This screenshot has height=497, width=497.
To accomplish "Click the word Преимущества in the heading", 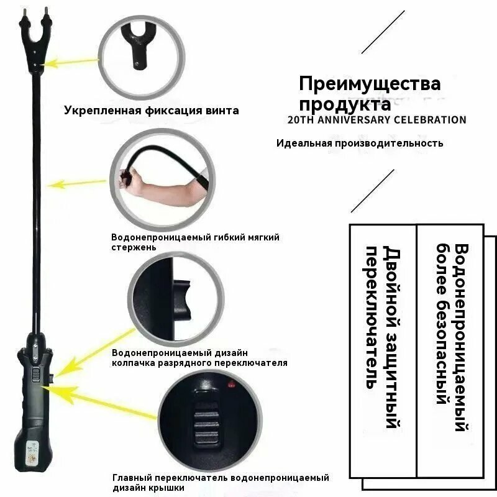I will [370, 83].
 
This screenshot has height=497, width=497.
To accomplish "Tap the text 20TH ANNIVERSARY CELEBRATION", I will [377, 119].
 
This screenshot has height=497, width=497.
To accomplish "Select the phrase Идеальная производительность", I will [360, 143].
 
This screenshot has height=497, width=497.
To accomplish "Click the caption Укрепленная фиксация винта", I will [151, 111].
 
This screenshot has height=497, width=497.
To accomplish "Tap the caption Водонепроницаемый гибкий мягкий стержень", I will [195, 242].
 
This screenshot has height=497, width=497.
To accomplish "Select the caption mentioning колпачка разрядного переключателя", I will [199, 357].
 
